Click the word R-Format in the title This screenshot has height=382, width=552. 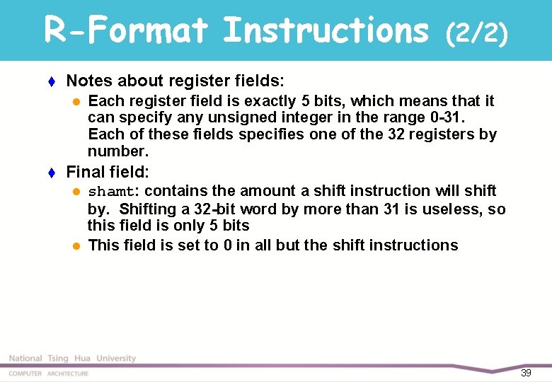click(126, 30)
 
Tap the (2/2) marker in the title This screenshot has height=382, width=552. click(477, 33)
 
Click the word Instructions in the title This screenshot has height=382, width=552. click(326, 30)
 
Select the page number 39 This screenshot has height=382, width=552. click(526, 373)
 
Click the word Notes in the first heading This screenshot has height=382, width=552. click(88, 81)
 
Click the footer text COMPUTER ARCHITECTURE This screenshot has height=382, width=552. click(49, 374)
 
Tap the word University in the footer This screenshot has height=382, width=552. click(116, 359)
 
